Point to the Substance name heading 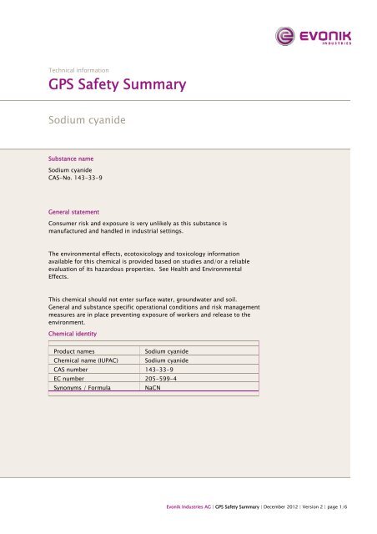(78, 156)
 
